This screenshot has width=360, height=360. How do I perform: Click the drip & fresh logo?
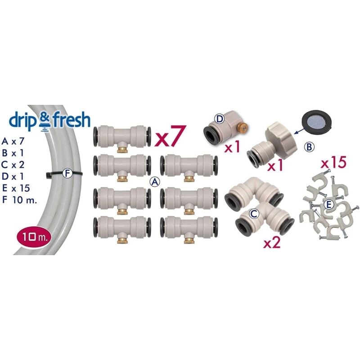click(49, 121)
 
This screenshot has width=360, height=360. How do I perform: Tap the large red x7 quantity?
click(170, 136)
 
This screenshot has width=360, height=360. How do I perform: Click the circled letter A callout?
click(154, 182)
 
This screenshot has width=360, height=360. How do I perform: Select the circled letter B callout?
click(309, 147)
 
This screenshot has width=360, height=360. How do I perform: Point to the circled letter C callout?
click(254, 214)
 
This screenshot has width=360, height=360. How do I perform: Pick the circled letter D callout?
click(220, 119)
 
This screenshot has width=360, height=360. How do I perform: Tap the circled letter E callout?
click(329, 205)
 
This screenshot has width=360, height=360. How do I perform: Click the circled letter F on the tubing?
click(67, 173)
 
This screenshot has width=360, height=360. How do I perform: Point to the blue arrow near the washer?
click(299, 131)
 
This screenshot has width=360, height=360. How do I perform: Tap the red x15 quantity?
click(333, 163)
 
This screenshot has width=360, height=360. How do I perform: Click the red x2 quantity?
click(272, 243)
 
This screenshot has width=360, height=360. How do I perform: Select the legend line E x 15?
click(16, 189)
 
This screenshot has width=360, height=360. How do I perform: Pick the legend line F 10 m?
click(19, 200)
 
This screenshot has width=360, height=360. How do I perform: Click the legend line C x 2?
click(13, 165)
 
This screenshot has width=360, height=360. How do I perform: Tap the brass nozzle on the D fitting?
click(243, 126)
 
